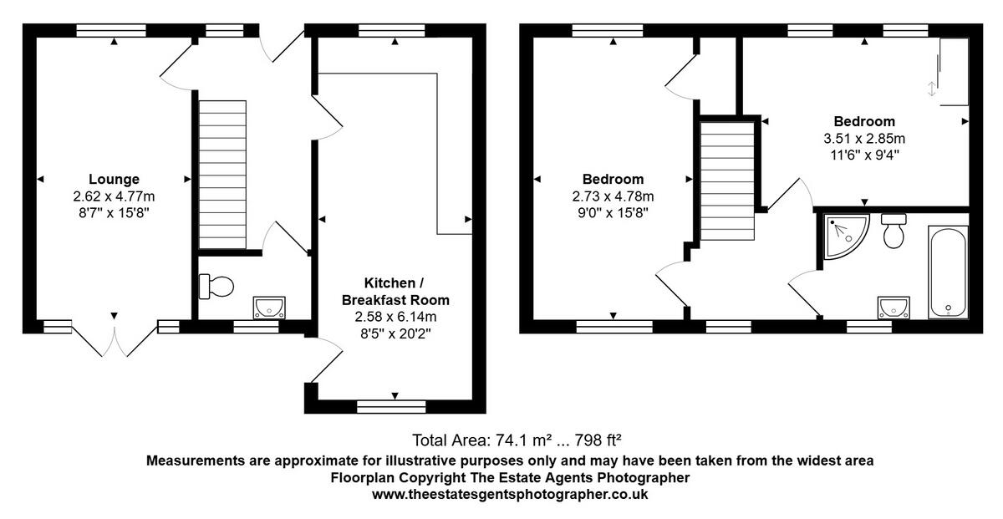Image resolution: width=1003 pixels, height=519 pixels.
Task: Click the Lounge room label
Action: coord(114,179)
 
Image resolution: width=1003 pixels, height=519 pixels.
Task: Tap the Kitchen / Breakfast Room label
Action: coord(395,291)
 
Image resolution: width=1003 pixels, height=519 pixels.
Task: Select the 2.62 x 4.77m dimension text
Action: coord(114,196)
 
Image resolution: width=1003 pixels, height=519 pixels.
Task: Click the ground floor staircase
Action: coord(222,175)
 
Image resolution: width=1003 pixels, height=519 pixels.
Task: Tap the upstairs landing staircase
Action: coord(727,180)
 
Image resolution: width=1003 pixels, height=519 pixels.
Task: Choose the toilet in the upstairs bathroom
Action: coord(894,231)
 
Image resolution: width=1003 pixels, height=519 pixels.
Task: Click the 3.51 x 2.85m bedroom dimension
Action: coord(863,138)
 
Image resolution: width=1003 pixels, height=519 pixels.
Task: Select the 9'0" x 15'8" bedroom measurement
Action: coord(613,213)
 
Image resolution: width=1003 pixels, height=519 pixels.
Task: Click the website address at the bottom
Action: coord(510,494)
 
